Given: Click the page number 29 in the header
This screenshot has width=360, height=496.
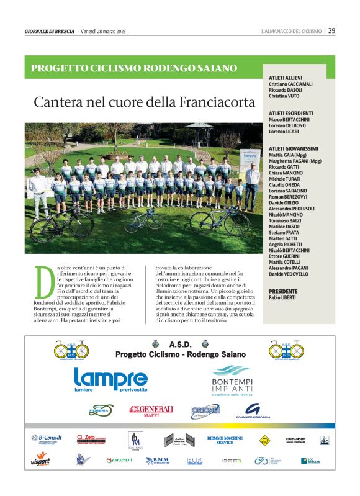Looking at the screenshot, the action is [332, 30].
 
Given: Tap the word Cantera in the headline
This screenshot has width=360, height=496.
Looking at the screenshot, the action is [58, 101].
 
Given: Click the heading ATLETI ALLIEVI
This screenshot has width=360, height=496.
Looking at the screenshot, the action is [286, 78].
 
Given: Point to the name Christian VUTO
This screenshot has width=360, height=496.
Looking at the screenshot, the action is [289, 96].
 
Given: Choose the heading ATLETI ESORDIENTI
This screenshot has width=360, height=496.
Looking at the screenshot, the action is [291, 113].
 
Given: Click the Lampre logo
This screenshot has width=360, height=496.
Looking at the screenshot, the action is [110, 379].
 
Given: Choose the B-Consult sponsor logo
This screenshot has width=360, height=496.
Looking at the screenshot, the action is [47, 439].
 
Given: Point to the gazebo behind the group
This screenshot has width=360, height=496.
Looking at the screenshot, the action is [198, 132].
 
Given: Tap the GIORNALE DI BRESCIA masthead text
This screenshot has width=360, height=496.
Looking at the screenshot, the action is [49, 31].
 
